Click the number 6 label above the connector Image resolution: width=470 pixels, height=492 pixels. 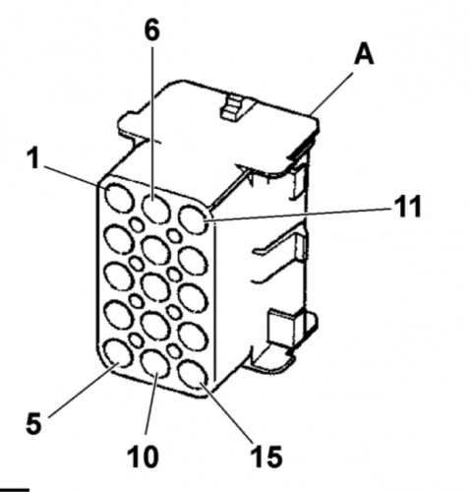pos(151,29)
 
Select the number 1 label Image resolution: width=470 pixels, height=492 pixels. pos(33,157)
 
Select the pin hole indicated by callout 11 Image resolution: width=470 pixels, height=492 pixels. pos(194,218)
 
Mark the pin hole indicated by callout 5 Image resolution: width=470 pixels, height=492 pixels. pos(117,352)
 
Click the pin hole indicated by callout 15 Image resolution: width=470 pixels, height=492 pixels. pos(193,375)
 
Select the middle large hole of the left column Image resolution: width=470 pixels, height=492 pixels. pos(118,275)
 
